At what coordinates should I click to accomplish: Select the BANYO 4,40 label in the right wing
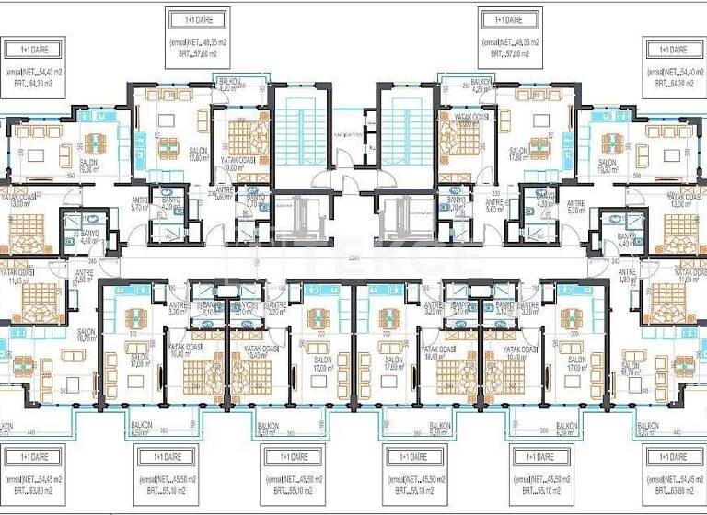coord(629,240)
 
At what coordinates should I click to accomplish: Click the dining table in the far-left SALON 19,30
coord(94,143)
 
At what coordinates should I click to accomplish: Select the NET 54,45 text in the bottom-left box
coord(33,478)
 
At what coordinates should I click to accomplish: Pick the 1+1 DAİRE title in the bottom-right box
coord(667,456)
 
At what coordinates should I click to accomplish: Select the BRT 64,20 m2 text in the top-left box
coord(33,82)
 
